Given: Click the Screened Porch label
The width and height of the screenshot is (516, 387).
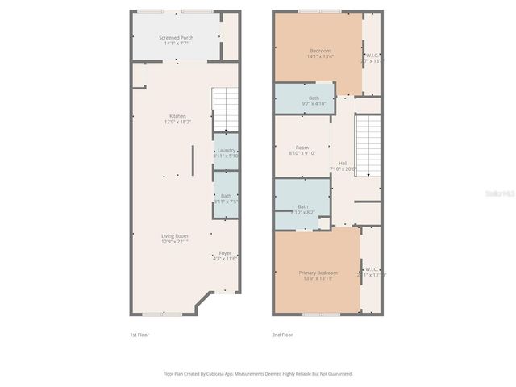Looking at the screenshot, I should coord(176,38).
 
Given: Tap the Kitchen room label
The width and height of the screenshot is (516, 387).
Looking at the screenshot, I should coord(177,115).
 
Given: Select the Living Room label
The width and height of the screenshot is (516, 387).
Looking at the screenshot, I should coord(175,235).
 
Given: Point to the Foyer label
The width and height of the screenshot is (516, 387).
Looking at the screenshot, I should coord(225,253).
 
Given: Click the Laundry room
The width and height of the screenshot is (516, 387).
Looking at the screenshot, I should coord(226,151).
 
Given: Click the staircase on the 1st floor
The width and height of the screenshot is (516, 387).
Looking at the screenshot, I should coord(225,110).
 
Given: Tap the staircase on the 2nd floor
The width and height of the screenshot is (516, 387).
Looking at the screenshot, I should coord(368,145).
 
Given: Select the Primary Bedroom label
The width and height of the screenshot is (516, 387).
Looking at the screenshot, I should coord(318,273).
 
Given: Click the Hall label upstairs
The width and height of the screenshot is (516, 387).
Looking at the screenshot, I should coord(343,164).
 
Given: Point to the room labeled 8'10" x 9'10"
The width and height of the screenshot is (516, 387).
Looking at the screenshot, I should coord(302,148).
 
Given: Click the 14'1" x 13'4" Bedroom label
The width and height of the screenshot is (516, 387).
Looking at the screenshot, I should coord(319,51).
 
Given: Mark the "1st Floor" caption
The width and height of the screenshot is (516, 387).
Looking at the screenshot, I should coord(139,334).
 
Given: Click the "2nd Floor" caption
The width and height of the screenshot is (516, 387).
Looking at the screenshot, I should coord(282,334).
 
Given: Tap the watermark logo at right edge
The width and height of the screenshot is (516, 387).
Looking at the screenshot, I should coord(502,193).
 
